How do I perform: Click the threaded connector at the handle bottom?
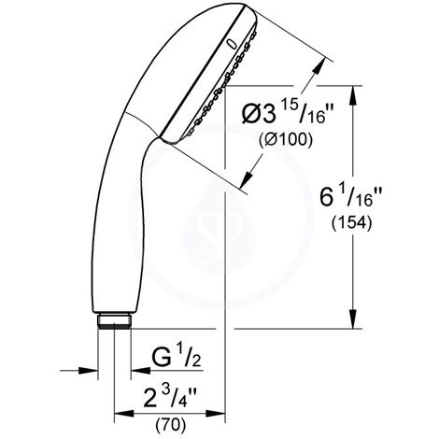114,320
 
